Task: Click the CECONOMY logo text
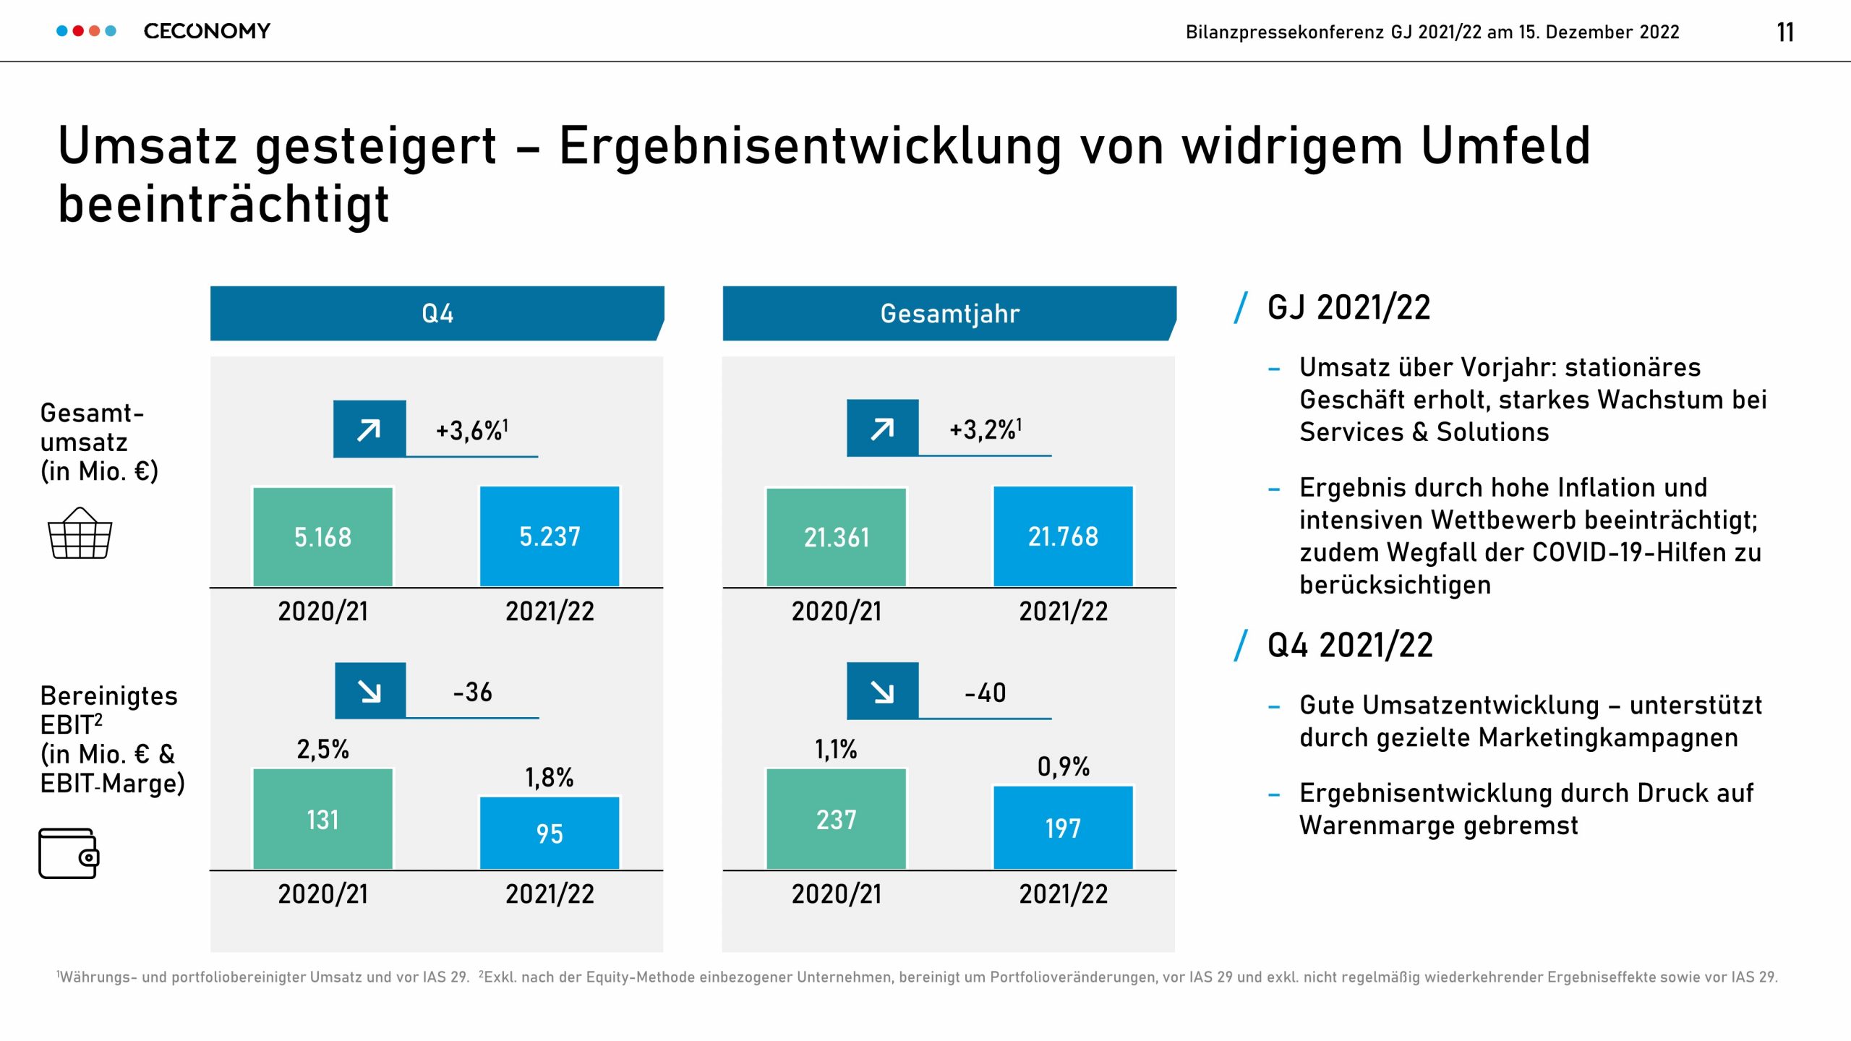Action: click(x=207, y=31)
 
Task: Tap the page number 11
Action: click(x=1784, y=33)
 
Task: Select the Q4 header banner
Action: click(x=437, y=313)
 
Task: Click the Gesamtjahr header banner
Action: click(x=949, y=313)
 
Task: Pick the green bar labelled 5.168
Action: click(x=322, y=536)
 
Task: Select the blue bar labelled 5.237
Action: click(x=550, y=536)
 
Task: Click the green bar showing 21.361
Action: click(x=836, y=536)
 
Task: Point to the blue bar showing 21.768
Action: click(x=1063, y=536)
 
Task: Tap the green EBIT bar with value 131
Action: click(x=322, y=819)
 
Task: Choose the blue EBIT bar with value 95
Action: click(x=550, y=833)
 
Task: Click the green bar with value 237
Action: click(x=836, y=819)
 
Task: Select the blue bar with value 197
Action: click(x=1063, y=828)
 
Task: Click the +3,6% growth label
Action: click(x=471, y=430)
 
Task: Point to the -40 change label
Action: click(x=985, y=693)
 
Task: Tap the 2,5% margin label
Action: click(x=322, y=749)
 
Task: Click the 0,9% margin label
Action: click(x=1063, y=766)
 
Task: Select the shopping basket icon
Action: click(x=80, y=534)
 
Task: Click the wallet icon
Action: click(x=69, y=854)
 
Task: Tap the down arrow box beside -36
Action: click(x=370, y=691)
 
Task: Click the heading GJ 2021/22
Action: click(x=1348, y=307)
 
